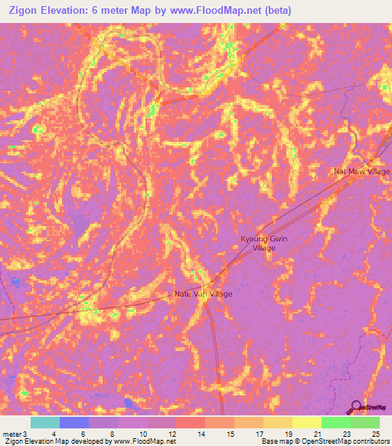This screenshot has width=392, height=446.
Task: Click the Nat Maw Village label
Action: [362, 172]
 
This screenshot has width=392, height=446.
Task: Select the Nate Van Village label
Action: [203, 294]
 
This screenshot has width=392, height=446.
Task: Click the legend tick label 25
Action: [375, 435]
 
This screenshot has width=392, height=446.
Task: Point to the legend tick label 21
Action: [318, 435]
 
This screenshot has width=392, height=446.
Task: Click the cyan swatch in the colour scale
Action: [45, 423]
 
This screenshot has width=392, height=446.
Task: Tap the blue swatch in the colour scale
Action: [74, 423]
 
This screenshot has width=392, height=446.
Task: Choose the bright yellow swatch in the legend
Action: [306, 423]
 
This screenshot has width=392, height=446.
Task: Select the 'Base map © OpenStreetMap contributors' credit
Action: [325, 442]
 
